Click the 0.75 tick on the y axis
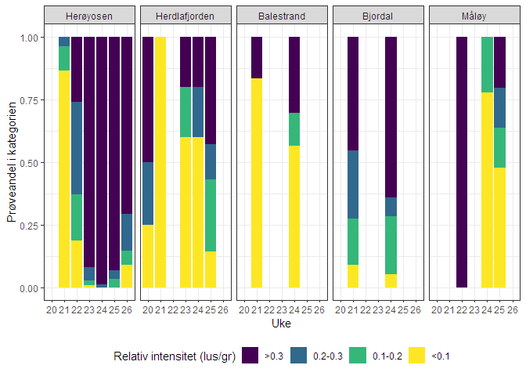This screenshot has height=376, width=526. [28, 100]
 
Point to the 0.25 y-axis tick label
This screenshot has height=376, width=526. [28, 226]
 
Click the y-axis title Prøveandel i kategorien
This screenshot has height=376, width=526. [12, 163]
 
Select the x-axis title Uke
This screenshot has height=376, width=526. [282, 324]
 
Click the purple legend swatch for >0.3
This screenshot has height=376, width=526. [250, 356]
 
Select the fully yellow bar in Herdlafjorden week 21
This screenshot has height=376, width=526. [160, 163]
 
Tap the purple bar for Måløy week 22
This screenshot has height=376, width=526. [462, 163]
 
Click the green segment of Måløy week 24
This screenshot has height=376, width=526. [487, 65]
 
